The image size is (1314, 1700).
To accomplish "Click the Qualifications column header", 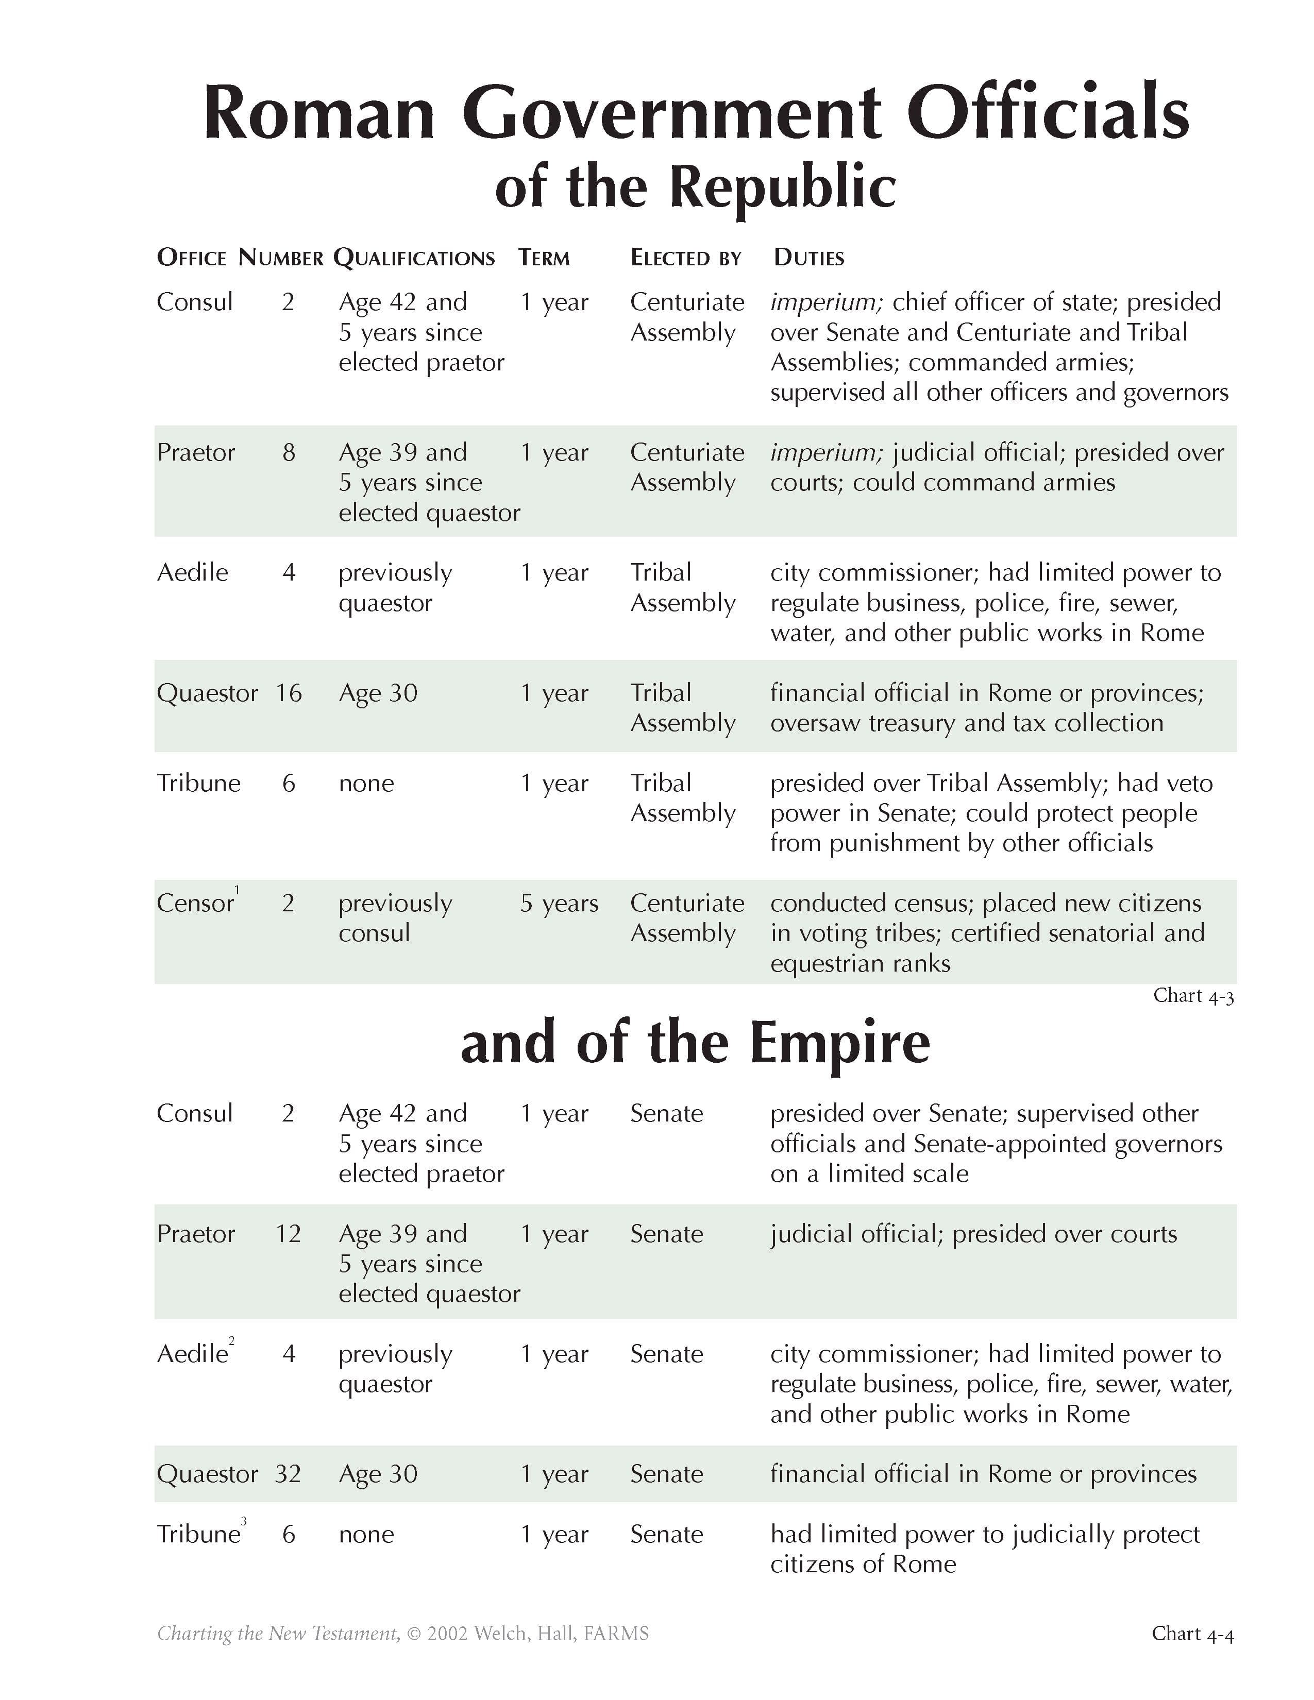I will pyautogui.click(x=414, y=258).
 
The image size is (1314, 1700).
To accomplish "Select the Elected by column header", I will pyautogui.click(x=686, y=258).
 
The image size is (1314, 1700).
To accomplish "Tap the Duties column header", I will pyautogui.click(x=809, y=258).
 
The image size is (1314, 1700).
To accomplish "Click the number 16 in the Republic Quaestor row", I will pyautogui.click(x=288, y=693).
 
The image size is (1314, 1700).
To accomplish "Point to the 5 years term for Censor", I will pyautogui.click(x=559, y=903).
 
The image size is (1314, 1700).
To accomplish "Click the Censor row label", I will pyautogui.click(x=195, y=903).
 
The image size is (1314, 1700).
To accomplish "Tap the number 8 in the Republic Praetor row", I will pyautogui.click(x=289, y=452).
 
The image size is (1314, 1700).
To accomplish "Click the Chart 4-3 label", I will pyautogui.click(x=1193, y=996).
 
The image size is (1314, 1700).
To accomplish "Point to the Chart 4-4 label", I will pyautogui.click(x=1192, y=1633).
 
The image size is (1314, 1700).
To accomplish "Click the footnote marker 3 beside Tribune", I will pyautogui.click(x=244, y=1520).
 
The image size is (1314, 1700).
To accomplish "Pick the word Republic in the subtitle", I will pyautogui.click(x=782, y=187).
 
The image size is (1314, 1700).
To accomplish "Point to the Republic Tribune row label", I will pyautogui.click(x=198, y=783).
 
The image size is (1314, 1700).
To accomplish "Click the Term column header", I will pyautogui.click(x=544, y=258).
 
